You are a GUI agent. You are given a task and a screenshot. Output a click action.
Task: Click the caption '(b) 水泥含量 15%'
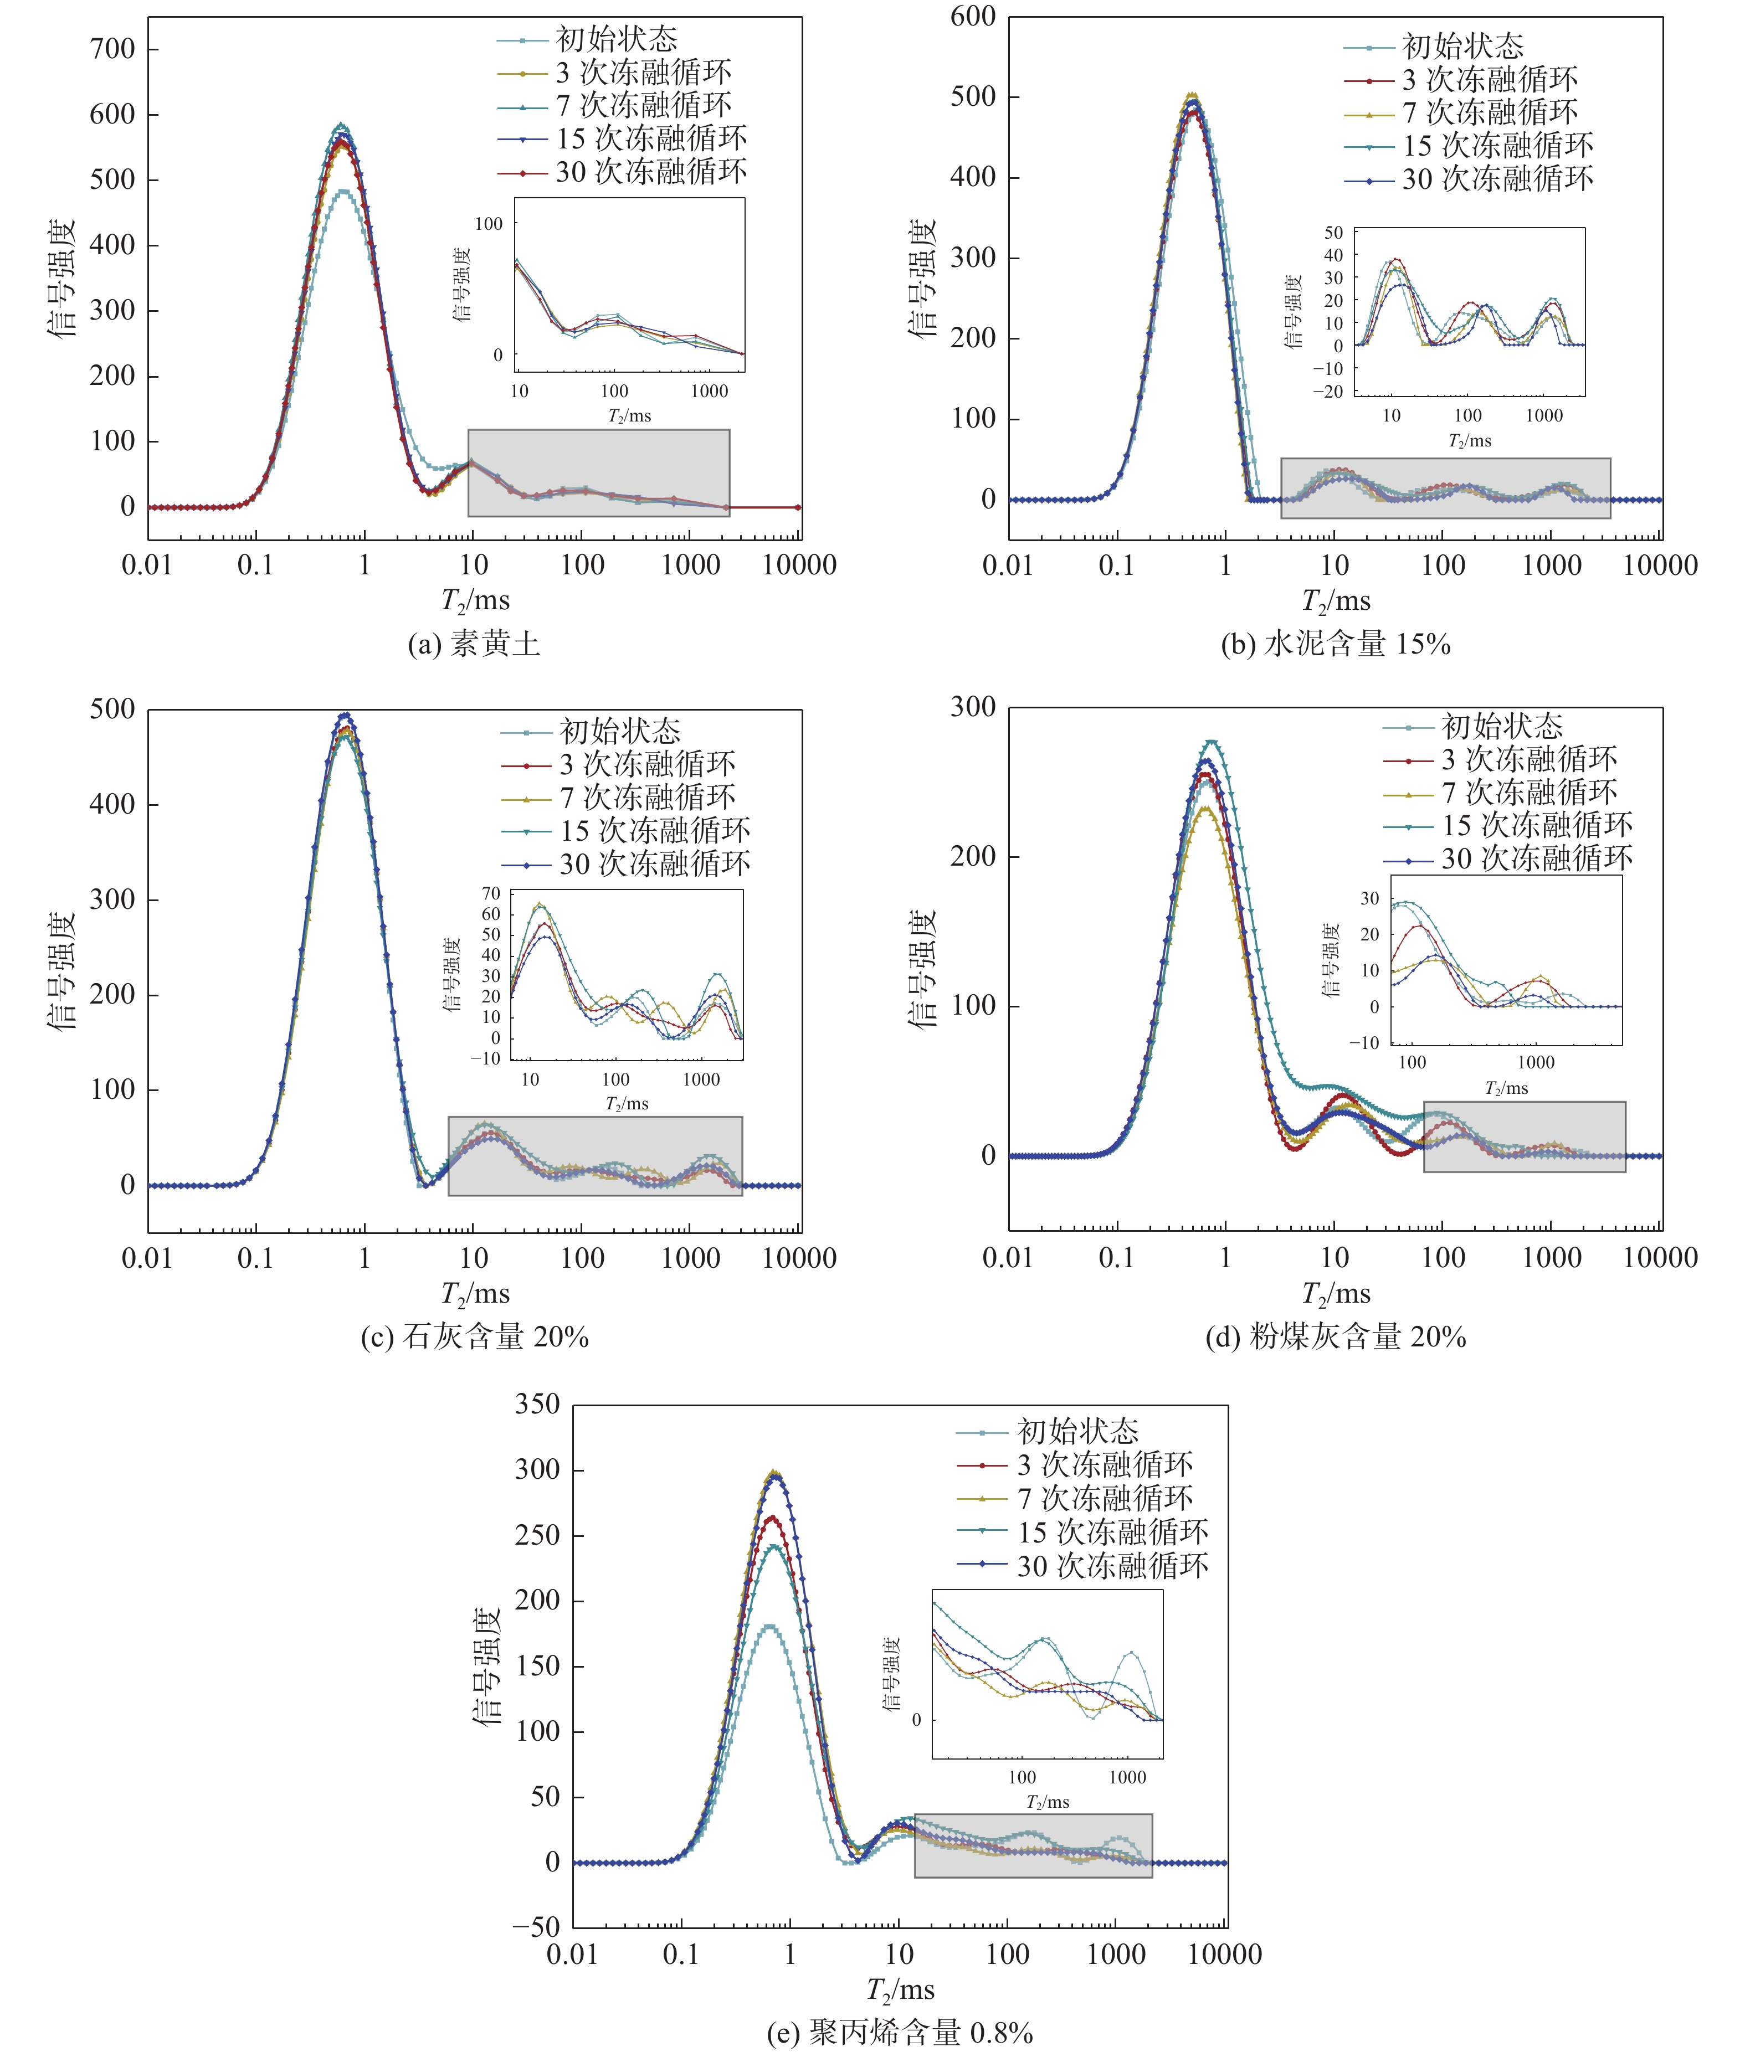[1336, 645]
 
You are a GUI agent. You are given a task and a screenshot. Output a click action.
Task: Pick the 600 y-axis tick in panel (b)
[972, 17]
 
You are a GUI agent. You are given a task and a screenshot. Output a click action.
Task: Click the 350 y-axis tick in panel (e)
[537, 1404]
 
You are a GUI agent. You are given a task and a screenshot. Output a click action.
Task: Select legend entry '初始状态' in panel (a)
[616, 39]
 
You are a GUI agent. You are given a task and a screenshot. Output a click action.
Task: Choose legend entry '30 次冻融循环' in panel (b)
[1497, 179]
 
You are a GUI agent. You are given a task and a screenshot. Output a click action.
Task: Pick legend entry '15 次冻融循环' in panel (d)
[1536, 825]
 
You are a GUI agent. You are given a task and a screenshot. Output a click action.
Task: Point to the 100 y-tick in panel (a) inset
[489, 224]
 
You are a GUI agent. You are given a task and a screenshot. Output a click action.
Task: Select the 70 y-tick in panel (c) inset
[491, 893]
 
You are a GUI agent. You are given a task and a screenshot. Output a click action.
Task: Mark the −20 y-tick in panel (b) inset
[1327, 392]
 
